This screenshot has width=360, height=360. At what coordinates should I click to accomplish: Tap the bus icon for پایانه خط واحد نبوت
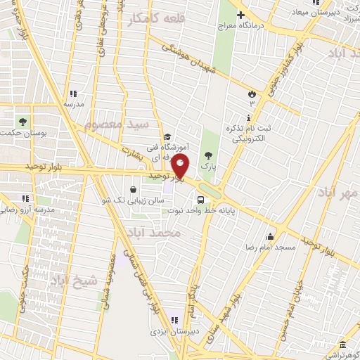point(201,198)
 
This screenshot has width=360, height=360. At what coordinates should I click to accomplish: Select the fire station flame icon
point(251,94)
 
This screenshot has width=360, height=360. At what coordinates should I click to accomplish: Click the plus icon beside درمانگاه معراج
point(241,15)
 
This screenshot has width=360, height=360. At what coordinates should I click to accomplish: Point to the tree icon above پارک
point(207,155)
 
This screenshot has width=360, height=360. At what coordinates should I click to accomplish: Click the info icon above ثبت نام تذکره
point(248,117)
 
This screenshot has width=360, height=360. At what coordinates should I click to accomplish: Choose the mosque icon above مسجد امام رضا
point(269,236)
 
